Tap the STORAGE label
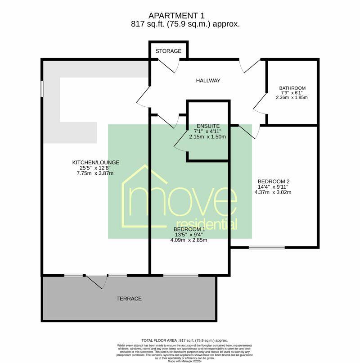tap(168, 51)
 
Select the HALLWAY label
tap(208, 81)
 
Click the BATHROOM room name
tap(292, 88)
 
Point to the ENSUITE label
tap(208, 126)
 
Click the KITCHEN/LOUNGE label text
tap(96, 163)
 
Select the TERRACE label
tap(129, 299)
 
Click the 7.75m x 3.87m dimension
tap(95, 173)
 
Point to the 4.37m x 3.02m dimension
tap(273, 192)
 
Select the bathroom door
tap(260, 105)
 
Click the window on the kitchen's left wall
tap(41, 88)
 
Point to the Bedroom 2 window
tap(267, 247)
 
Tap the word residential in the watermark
tap(207, 224)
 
